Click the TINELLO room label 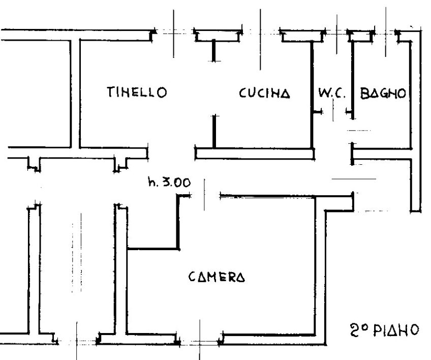coord(137,92)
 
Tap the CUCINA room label coord(264,93)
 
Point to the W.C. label coord(331,93)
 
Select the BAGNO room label coord(383,93)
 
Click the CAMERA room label coord(217,277)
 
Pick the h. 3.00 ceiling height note coord(169,182)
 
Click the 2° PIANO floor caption coord(385,330)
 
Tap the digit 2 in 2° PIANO coord(354,331)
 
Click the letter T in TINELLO coord(111,92)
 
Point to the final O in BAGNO coord(402,94)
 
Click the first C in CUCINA coord(243,93)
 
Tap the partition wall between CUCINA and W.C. coord(312,95)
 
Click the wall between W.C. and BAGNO coord(353,80)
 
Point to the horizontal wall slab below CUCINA coord(255,154)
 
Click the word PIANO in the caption coord(396,330)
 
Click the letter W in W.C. coord(324,93)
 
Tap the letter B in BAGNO coord(364,94)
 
